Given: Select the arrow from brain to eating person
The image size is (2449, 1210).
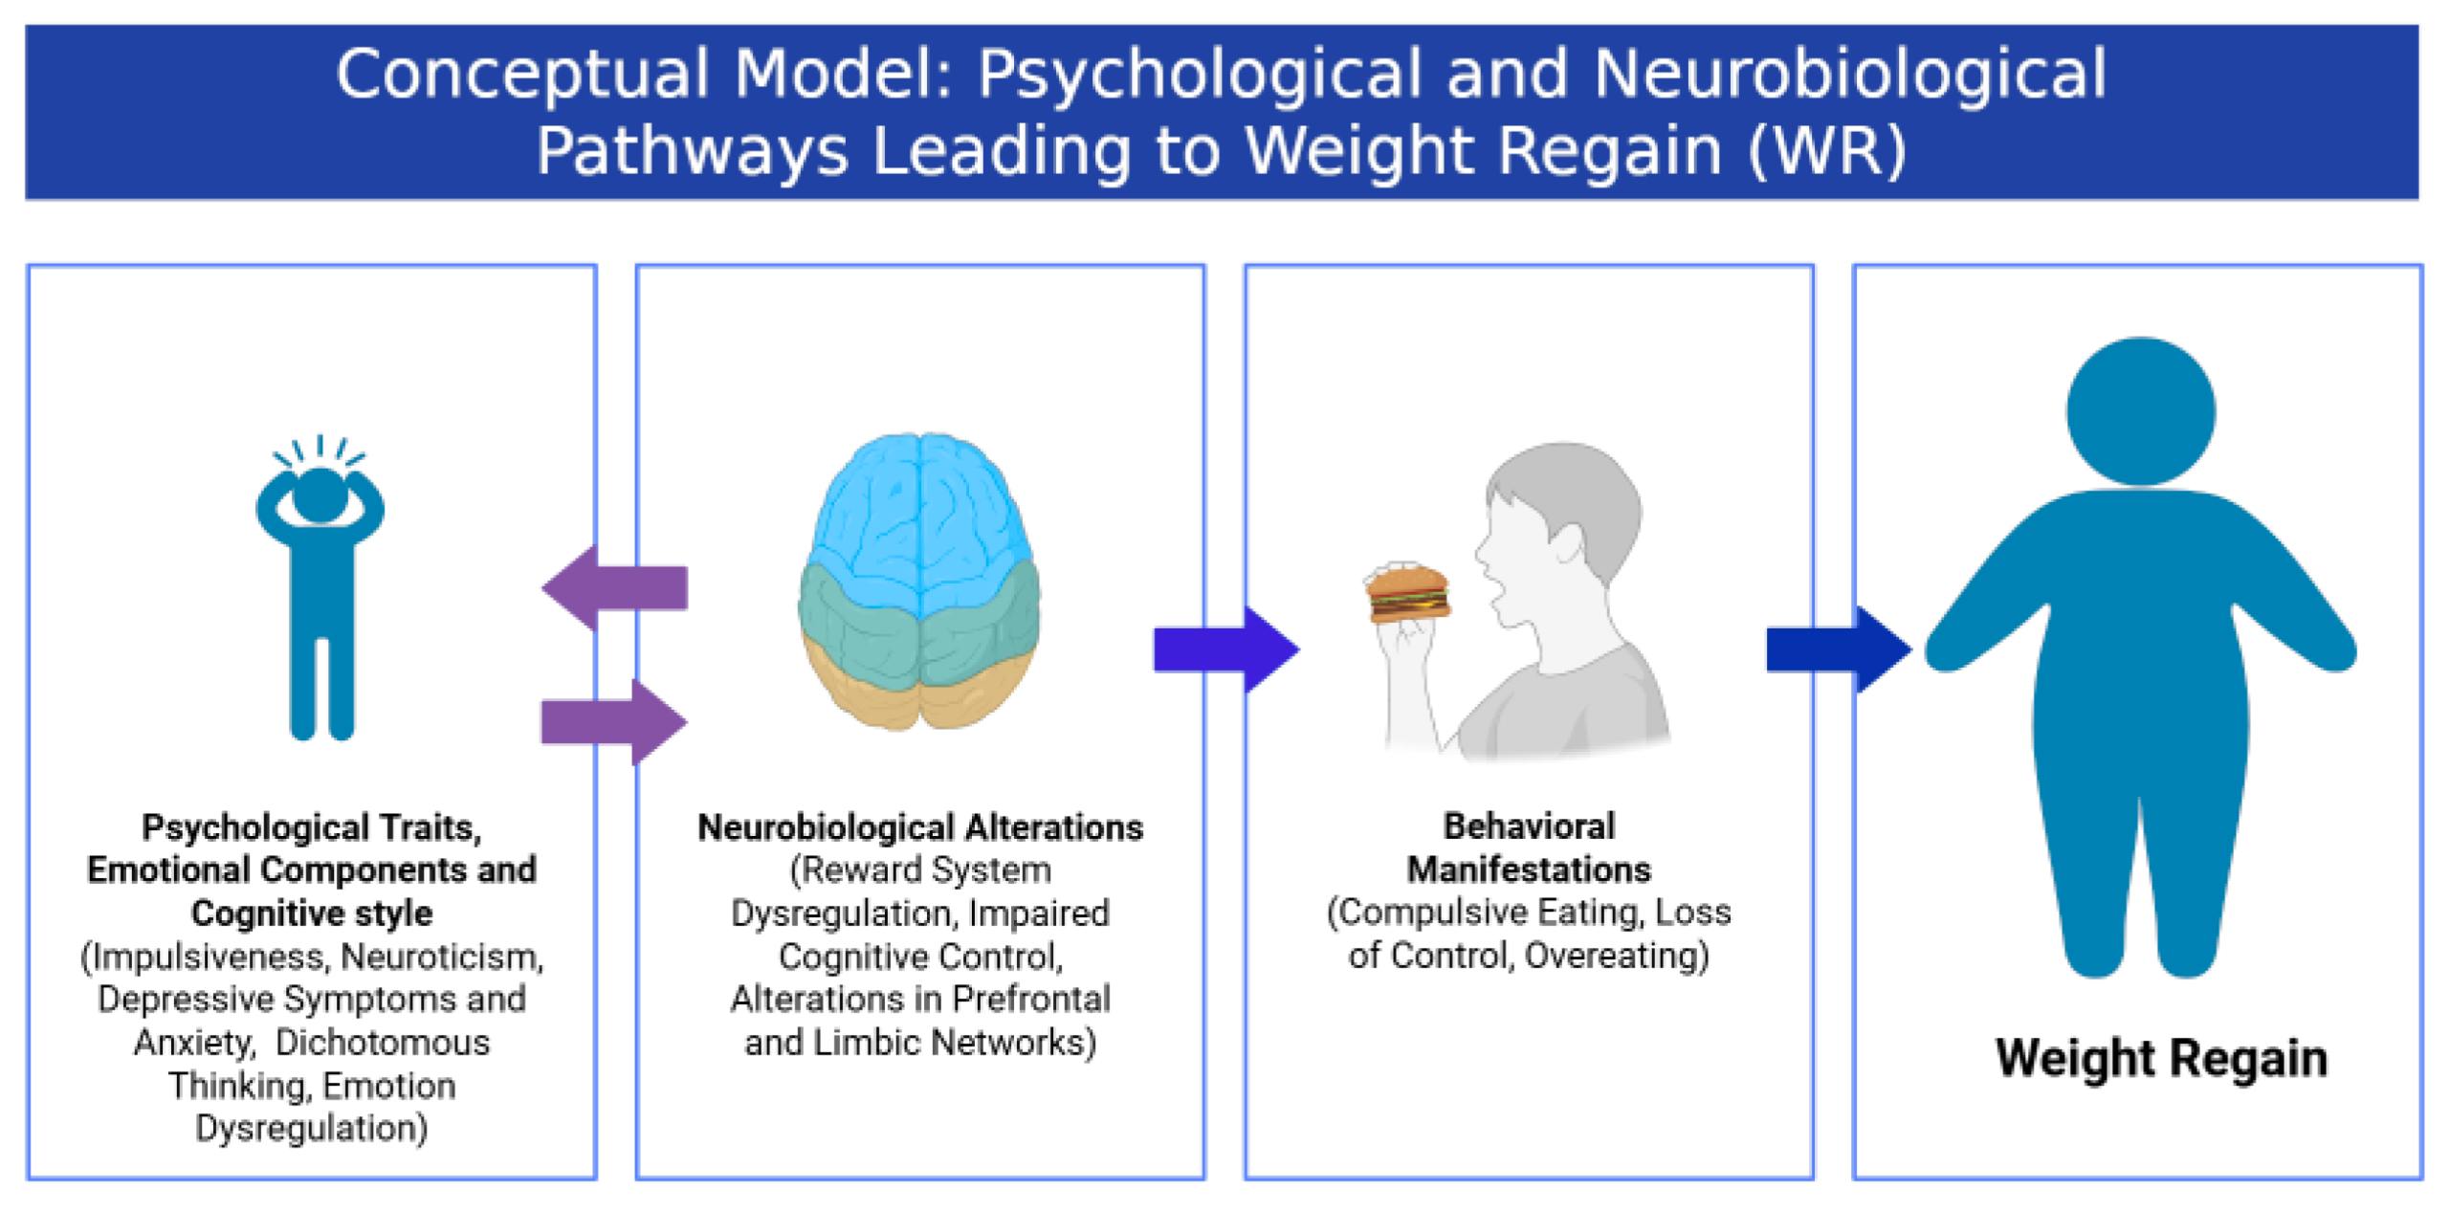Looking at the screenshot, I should pyautogui.click(x=1225, y=649).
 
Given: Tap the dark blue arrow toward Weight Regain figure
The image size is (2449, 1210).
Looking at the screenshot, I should pyautogui.click(x=1837, y=649).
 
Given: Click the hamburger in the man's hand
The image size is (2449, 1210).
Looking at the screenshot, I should pyautogui.click(x=1407, y=594).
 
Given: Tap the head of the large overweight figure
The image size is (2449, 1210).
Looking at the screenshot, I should pyautogui.click(x=2140, y=411).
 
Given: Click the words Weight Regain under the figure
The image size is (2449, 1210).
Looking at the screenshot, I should pyautogui.click(x=2160, y=1058).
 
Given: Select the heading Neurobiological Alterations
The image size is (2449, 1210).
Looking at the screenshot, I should pyautogui.click(x=919, y=827).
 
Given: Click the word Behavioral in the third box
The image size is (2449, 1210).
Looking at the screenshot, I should pyautogui.click(x=1529, y=825).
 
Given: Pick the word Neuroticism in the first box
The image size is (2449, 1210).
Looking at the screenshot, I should pyautogui.click(x=442, y=957).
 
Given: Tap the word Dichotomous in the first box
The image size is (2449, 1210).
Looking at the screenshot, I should pyautogui.click(x=383, y=1042).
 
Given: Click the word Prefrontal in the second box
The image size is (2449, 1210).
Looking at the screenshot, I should pyautogui.click(x=1031, y=999).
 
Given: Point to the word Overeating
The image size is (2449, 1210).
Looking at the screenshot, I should pyautogui.click(x=1616, y=955).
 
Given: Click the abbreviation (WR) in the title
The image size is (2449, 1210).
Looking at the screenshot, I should pyautogui.click(x=1826, y=150).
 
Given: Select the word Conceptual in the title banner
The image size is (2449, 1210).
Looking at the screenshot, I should pyautogui.click(x=521, y=74).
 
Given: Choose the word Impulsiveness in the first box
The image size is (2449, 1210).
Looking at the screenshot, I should pyautogui.click(x=207, y=957).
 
